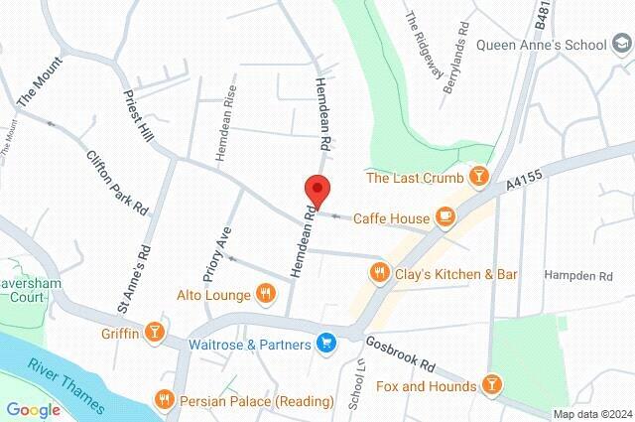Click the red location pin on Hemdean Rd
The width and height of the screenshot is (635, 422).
point(317,189)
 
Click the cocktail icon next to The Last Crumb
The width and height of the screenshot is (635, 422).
point(479,178)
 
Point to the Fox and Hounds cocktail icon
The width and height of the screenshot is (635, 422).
point(491,383)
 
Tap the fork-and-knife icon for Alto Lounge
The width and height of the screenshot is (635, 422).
point(265,293)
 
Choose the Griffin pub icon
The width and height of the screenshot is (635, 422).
point(155,334)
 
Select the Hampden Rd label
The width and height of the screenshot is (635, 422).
point(578,274)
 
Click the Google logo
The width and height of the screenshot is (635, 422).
point(33,409)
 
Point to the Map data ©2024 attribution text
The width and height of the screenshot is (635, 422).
point(591,414)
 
